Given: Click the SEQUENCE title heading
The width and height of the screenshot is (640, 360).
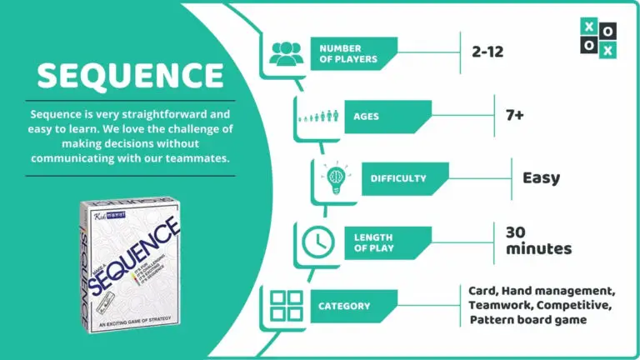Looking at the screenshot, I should [130, 76].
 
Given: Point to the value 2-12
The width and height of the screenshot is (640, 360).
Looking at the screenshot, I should [487, 52].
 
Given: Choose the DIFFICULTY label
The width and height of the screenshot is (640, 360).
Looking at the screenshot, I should [398, 178].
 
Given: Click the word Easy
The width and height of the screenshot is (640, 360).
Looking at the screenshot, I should [541, 177].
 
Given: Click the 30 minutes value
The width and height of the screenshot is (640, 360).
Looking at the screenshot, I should [538, 240].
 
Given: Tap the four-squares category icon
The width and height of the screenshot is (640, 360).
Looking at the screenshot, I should [286, 306].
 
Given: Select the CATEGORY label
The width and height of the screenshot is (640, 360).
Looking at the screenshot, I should [344, 307].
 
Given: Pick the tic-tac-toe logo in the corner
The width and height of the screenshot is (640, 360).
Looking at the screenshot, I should [598, 38].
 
